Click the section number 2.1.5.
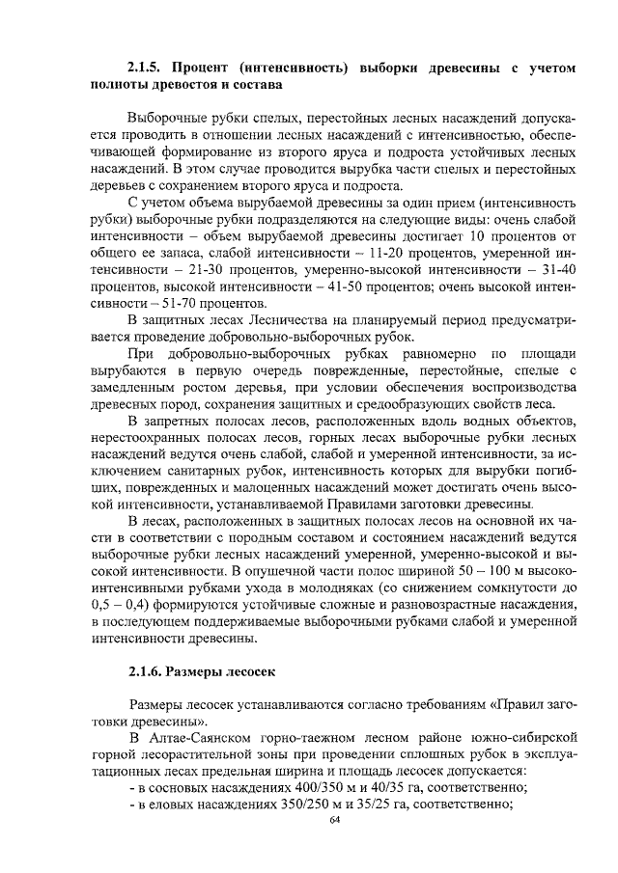(147, 68)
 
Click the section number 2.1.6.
(147, 670)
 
